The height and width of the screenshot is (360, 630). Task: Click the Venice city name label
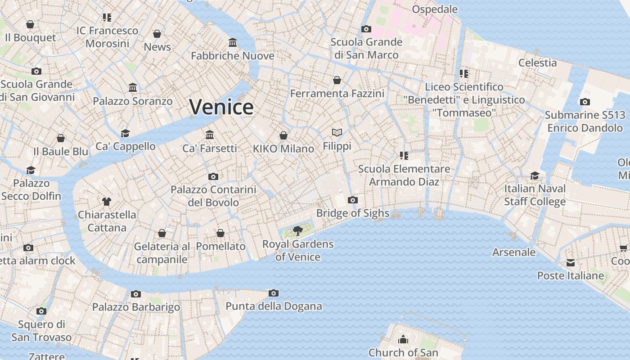pos(221,107)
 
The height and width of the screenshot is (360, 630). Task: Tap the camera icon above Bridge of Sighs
pos(353,200)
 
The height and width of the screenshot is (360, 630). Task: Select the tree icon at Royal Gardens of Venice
pos(297,231)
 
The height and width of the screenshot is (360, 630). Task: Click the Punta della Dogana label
pos(274,306)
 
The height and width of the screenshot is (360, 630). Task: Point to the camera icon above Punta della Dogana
pos(273,293)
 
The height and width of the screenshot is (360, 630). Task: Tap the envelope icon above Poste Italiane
pos(571,263)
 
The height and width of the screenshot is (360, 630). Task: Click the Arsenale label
pos(514,252)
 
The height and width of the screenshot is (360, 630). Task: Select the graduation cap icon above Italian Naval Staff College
pos(535,175)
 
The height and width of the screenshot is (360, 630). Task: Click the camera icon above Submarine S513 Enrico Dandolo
pos(585,102)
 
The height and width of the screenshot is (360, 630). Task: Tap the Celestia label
pos(537,63)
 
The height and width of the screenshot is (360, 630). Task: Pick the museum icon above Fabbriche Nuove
pos(233,43)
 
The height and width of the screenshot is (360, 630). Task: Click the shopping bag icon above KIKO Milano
pos(283,135)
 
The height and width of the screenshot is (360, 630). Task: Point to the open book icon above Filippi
pos(337,132)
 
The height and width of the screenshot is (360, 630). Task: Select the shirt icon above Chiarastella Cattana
pos(107,201)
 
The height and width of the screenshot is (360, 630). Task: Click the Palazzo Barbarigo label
pos(136,307)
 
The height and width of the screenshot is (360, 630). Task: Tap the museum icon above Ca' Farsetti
pos(210,135)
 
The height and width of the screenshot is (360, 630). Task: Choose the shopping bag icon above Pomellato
pos(220,233)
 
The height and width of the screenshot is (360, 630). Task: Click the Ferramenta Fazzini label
pos(337,93)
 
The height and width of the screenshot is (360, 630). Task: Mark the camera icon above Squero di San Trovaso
pos(41,311)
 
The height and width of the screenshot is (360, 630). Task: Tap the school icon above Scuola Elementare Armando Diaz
pos(404,156)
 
